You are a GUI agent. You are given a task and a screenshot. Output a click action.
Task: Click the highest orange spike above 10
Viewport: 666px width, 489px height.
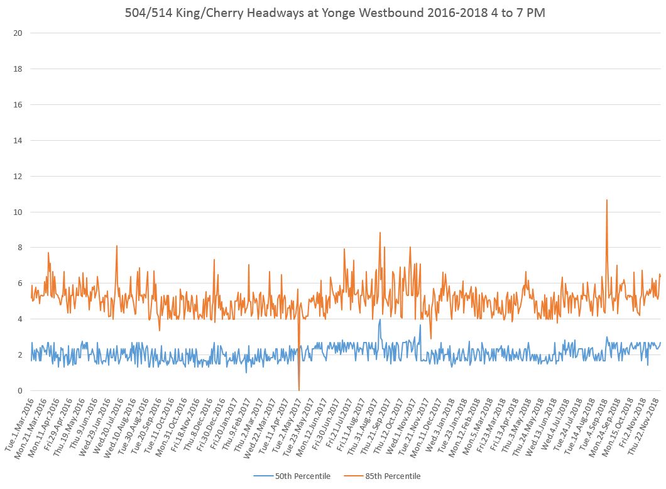[606, 201]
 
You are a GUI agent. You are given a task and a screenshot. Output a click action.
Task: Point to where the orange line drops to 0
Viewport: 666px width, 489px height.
[299, 390]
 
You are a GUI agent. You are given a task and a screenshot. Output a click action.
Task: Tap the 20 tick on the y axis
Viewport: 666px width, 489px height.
[18, 33]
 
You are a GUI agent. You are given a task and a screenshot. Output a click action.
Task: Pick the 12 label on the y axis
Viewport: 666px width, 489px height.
[18, 176]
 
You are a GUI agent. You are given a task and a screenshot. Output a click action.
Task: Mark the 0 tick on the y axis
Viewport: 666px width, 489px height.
[20, 391]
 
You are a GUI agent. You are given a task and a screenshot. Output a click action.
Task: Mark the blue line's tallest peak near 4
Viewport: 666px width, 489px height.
[379, 319]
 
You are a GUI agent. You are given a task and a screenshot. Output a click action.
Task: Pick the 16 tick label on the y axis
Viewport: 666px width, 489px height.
[18, 104]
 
